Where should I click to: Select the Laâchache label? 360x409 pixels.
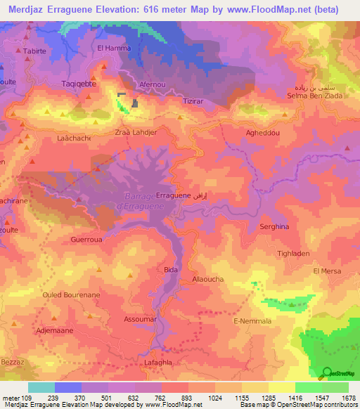74,139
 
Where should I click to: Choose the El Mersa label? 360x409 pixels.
327,271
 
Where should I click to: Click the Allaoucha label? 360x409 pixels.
209,279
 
